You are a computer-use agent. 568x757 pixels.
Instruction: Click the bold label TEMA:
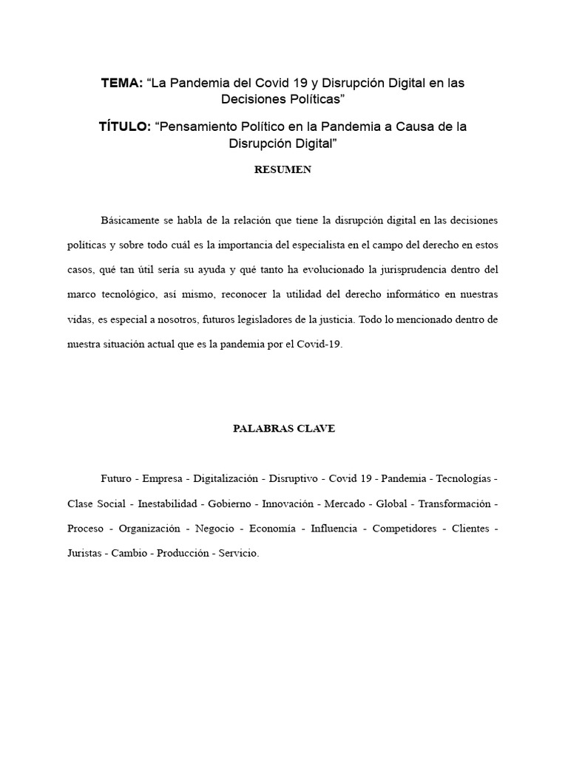122,84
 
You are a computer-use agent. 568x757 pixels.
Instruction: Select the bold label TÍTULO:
124,127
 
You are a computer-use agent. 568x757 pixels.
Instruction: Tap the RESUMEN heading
283,170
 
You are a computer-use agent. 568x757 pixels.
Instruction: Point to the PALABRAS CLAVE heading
283,429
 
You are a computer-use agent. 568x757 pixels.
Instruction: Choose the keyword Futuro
117,479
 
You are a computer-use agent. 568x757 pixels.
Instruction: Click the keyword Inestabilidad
168,504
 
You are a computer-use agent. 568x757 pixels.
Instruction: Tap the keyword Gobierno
229,504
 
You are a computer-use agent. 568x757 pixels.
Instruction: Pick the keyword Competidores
403,529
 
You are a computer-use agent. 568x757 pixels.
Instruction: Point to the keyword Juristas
84,554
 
